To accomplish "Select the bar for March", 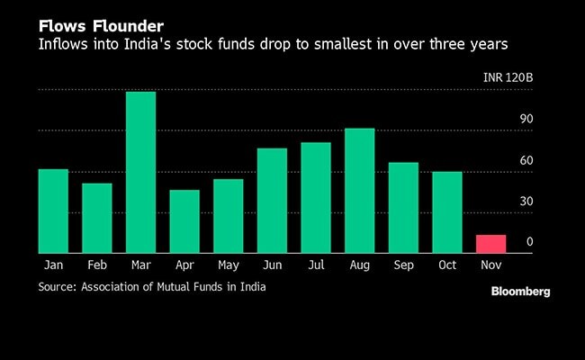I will [140, 172].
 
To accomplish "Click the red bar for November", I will [490, 244].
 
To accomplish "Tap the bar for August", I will [359, 191].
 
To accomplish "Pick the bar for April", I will [184, 221].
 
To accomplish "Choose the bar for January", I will [53, 211].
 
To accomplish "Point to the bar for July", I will [316, 198].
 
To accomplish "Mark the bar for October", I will [446, 212].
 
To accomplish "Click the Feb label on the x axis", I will [97, 265].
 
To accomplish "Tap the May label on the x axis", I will [228, 265].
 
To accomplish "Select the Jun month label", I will [272, 265].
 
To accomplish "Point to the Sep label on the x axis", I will [403, 265].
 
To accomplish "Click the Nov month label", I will [490, 265].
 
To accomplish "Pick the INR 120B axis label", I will [508, 78].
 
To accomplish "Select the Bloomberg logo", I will [520, 292].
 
